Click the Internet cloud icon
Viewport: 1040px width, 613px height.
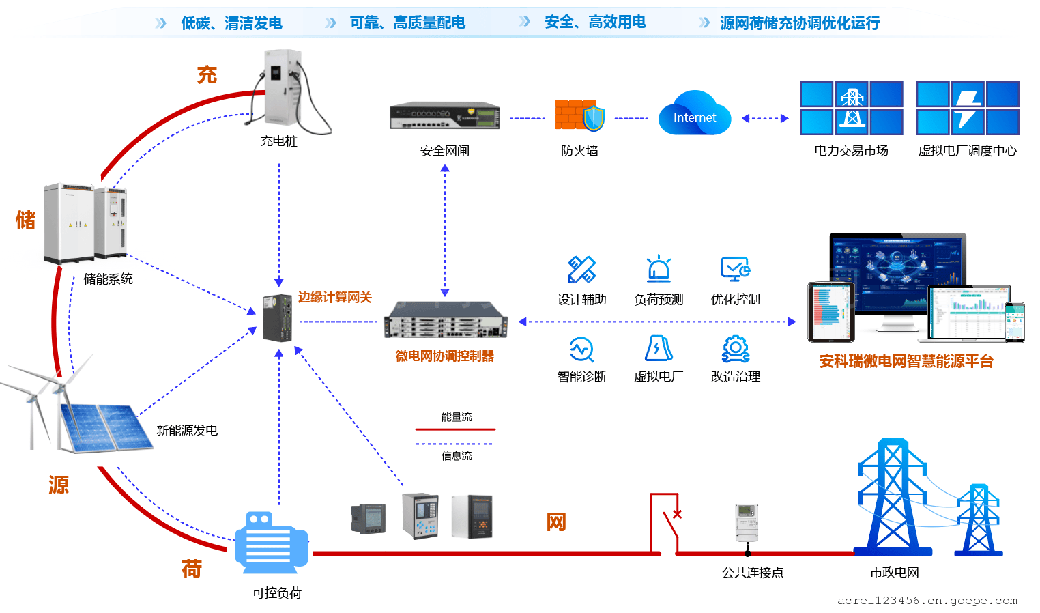[x=694, y=115]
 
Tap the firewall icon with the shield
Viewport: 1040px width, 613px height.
[x=579, y=115]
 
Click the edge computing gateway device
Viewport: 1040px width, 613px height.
[x=278, y=317]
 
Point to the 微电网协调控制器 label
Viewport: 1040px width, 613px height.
[x=444, y=356]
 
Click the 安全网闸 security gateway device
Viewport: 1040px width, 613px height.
[x=444, y=116]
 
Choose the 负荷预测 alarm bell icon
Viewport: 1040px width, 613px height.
[x=659, y=269]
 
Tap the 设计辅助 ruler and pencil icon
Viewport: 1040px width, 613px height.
[x=581, y=270]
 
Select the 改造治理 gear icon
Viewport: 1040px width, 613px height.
[x=735, y=348]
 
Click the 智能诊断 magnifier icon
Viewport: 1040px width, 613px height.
[x=581, y=350]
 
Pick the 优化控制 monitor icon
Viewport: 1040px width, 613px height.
[x=735, y=269]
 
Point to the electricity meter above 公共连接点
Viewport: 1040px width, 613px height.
[x=747, y=523]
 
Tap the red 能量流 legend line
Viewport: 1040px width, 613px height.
[x=455, y=429]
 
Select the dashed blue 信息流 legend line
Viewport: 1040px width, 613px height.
[x=455, y=444]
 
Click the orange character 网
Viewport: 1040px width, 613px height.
[x=556, y=522]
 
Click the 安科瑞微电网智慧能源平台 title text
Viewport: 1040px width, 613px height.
[x=906, y=361]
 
